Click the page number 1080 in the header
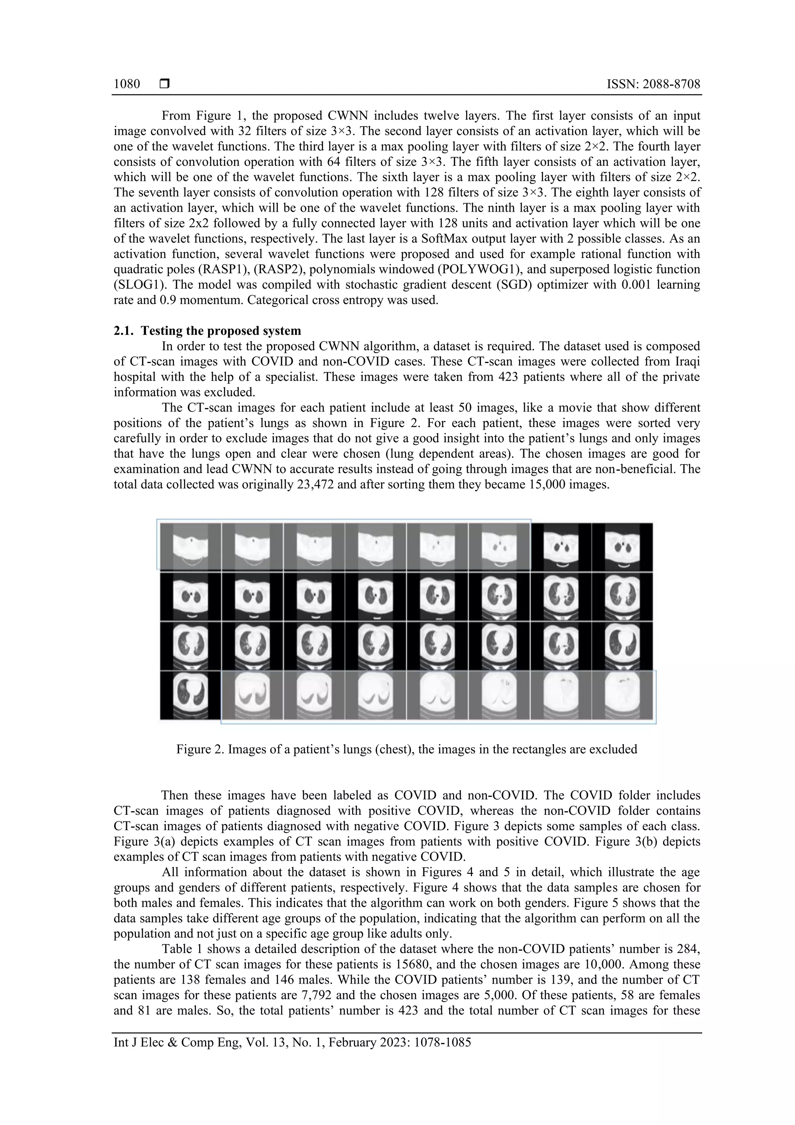pyautogui.click(x=127, y=84)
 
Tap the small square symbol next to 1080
pyautogui.click(x=165, y=84)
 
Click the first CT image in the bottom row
pyautogui.click(x=191, y=696)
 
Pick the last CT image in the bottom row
pyautogui.click(x=623, y=696)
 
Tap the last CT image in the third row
pyautogui.click(x=623, y=646)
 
